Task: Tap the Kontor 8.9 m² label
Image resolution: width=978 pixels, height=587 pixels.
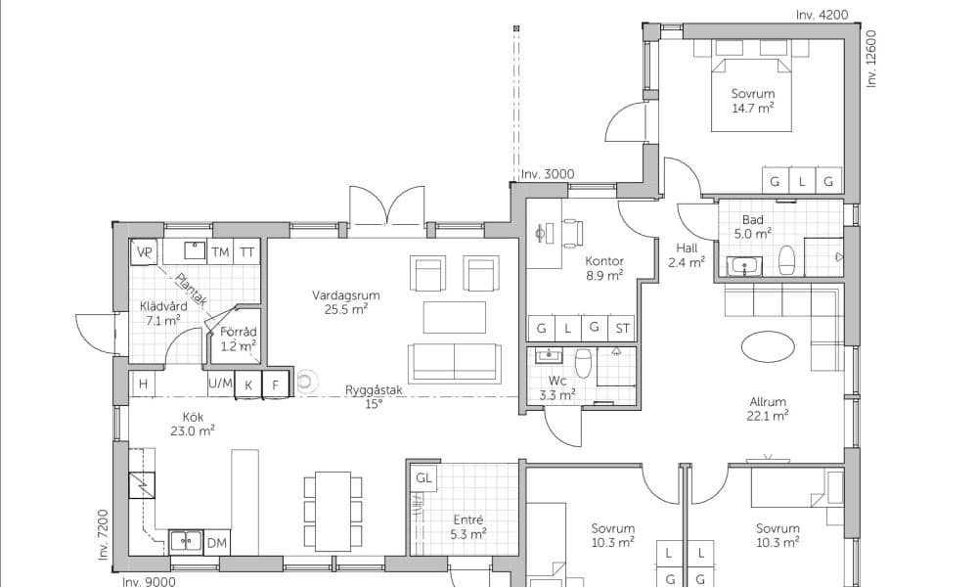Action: (x=603, y=268)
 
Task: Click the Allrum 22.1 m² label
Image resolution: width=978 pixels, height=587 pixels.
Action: (x=768, y=409)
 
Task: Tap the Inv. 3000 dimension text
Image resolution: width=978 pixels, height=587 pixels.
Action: (x=548, y=175)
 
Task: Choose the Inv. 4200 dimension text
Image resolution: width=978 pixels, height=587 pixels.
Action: (x=822, y=15)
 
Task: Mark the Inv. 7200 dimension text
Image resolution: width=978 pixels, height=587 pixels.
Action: (x=104, y=534)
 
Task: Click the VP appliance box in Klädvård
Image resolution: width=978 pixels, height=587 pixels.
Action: (x=144, y=252)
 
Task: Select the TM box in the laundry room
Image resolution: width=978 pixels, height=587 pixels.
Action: (x=220, y=252)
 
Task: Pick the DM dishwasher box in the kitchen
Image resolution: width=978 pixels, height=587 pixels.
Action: (x=216, y=543)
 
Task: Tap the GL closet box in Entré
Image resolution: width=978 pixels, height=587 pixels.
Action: (x=424, y=478)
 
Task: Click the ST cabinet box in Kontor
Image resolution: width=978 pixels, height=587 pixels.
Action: (x=622, y=328)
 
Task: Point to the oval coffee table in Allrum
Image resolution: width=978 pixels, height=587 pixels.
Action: (x=769, y=346)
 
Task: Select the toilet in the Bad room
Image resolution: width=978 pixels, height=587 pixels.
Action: (x=786, y=259)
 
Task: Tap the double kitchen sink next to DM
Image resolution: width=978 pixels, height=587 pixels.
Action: (x=187, y=542)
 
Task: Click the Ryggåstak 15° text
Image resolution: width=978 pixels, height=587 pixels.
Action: (x=374, y=397)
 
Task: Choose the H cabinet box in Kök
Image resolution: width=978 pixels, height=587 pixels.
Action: (x=144, y=384)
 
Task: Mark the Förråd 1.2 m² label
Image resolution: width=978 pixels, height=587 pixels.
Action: (x=238, y=339)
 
